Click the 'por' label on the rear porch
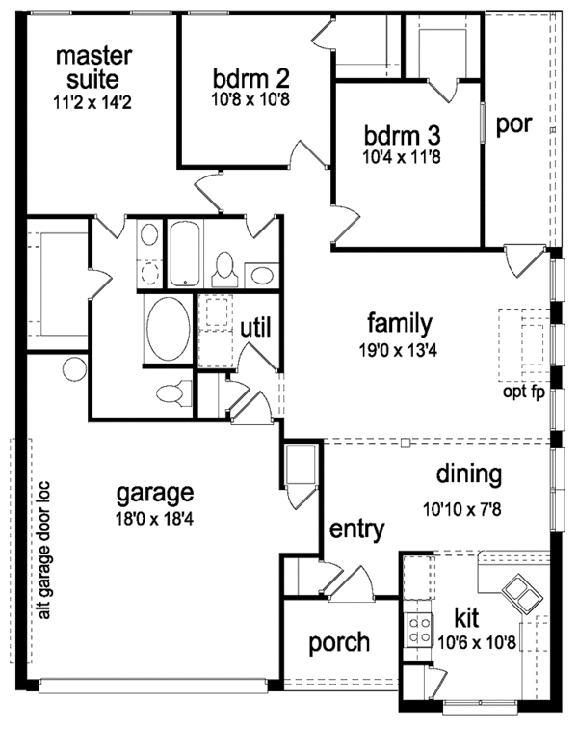(x=514, y=125)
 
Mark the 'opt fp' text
(x=523, y=392)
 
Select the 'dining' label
(x=469, y=473)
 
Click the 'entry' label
(x=357, y=528)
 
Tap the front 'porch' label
(x=339, y=642)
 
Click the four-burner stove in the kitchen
(x=420, y=632)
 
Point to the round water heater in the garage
(x=74, y=369)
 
